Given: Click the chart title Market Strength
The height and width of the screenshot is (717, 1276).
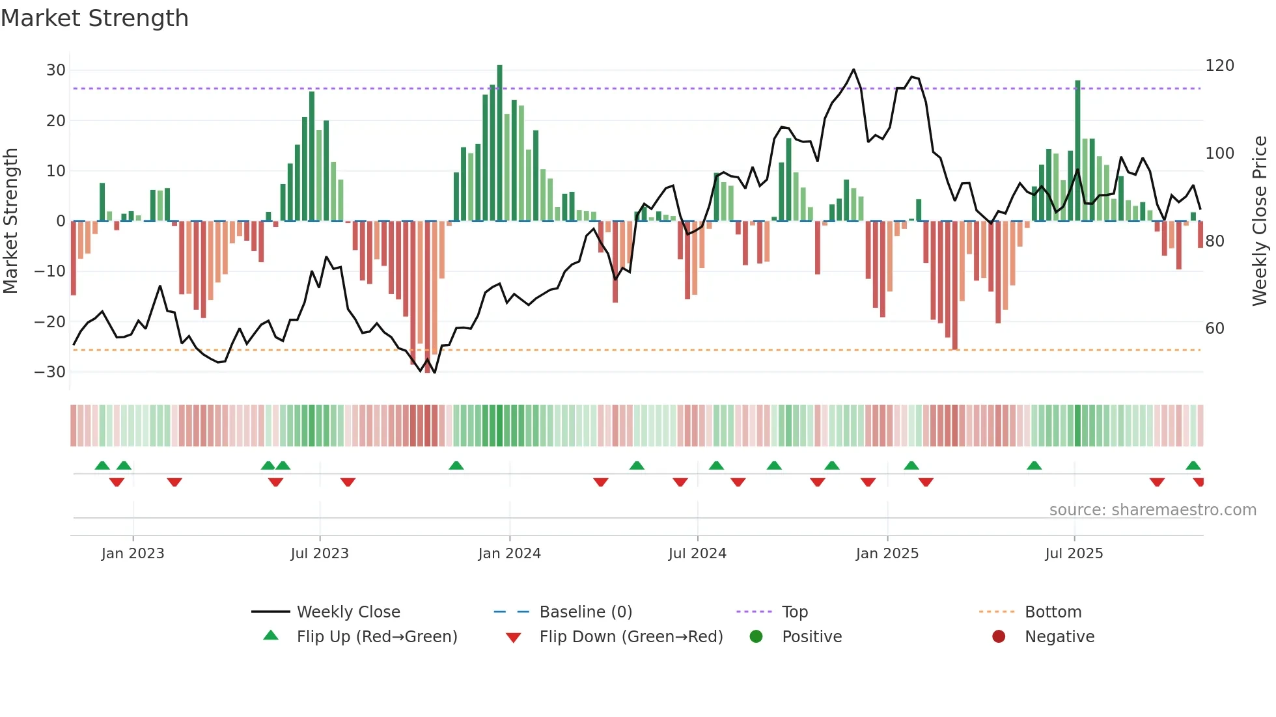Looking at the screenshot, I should [x=94, y=18].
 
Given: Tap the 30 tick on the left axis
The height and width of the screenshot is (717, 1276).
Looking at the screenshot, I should [x=56, y=70].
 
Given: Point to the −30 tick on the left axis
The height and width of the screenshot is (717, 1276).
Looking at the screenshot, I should [x=50, y=372].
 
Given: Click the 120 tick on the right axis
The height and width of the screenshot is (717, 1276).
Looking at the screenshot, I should [x=1219, y=66].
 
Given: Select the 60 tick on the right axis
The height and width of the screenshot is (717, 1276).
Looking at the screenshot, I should [x=1215, y=329].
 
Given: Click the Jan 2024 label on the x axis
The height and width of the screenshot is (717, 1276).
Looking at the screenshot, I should [x=509, y=554].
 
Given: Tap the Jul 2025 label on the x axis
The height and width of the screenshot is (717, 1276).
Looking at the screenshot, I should [x=1074, y=554].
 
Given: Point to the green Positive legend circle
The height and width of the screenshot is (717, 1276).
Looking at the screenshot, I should [x=756, y=636].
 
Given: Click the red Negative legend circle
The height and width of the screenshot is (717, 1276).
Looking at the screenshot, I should [x=999, y=636].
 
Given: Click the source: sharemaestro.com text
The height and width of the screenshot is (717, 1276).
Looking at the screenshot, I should [x=1152, y=510].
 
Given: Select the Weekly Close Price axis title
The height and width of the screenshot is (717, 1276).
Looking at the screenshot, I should [x=1260, y=221].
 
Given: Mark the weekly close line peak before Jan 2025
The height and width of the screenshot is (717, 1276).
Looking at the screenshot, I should [x=853, y=70].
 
